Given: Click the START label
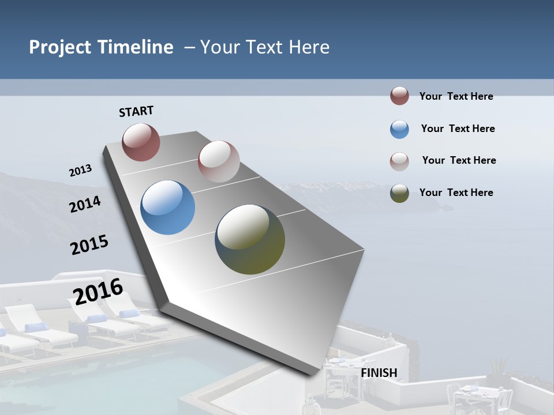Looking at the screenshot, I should [136, 111].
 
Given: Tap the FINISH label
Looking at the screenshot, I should [379, 373].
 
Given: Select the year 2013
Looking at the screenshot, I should [80, 171].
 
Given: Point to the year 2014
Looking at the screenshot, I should [85, 205].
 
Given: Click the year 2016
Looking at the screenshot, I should [98, 291].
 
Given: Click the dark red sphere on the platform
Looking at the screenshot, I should [141, 142].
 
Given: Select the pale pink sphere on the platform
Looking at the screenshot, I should [219, 161].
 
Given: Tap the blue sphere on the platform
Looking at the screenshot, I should [168, 207].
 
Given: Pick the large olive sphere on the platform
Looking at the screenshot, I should [250, 239].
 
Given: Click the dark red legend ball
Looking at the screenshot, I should [399, 96].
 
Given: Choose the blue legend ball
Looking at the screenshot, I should [399, 129].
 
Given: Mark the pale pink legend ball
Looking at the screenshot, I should [399, 161].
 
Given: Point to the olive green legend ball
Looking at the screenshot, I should [399, 193].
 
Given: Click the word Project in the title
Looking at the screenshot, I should [60, 47].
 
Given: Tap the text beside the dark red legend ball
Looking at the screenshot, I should [456, 96].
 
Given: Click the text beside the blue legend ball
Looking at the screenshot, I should [458, 129].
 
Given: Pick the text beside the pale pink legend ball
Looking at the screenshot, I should [459, 160].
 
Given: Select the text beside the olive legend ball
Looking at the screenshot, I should [456, 193].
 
